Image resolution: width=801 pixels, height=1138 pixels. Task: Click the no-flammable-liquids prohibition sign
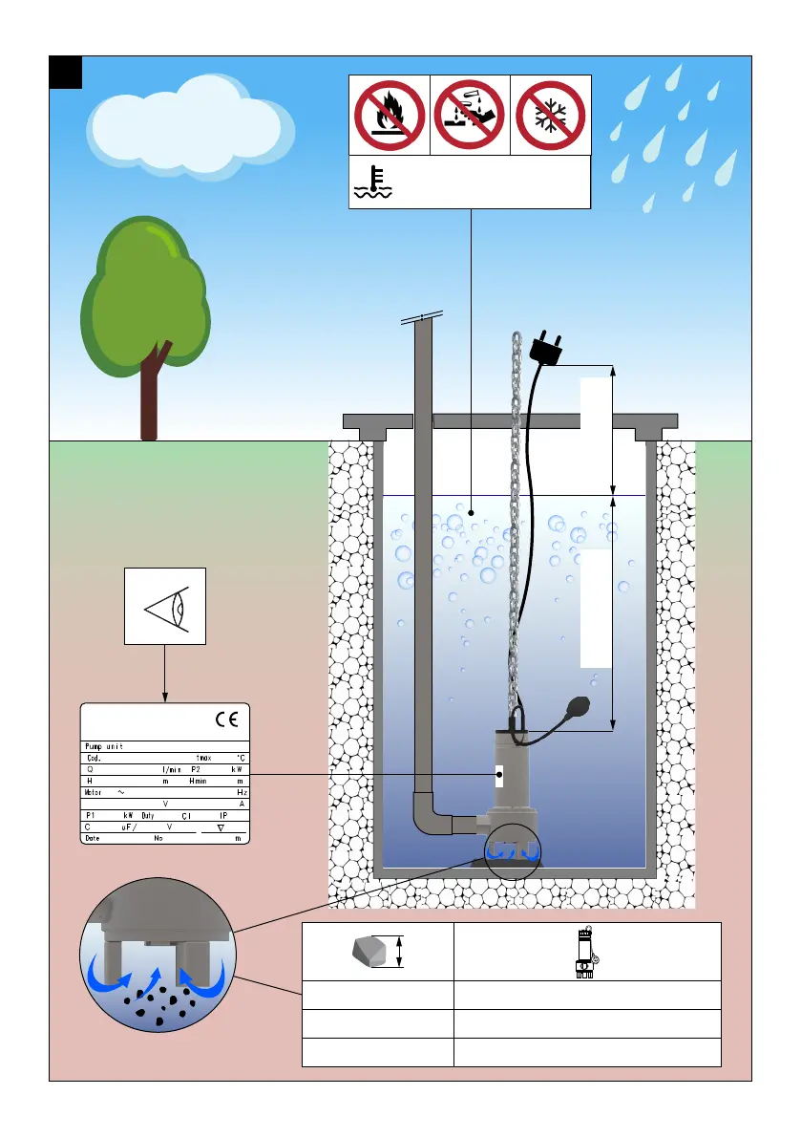click(x=390, y=116)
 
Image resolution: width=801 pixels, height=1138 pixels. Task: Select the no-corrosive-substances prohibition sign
click(x=470, y=116)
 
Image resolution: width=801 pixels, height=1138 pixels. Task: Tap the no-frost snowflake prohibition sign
click(x=550, y=116)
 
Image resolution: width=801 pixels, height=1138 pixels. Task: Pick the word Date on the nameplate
click(x=93, y=838)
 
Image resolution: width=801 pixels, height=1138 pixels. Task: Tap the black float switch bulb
click(x=583, y=709)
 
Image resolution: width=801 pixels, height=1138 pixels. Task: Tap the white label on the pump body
click(x=499, y=775)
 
